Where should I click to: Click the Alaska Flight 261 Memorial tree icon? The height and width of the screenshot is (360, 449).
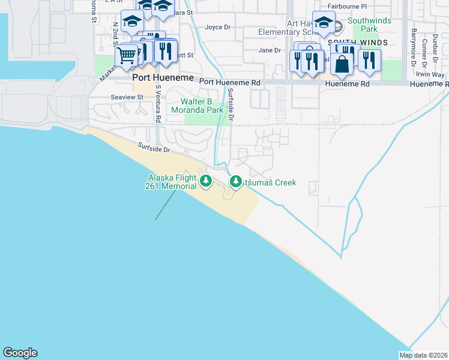point(206,181)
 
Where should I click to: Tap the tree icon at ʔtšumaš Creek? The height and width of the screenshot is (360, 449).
point(236,182)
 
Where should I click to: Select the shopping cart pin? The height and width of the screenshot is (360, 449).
point(126,55)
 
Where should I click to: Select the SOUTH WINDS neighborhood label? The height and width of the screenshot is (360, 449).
point(358,42)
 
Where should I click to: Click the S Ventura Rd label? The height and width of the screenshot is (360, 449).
point(158,103)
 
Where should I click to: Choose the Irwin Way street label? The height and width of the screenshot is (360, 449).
point(430,75)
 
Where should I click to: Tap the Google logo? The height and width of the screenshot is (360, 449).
point(20,353)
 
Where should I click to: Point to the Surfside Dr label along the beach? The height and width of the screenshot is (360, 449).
point(154,148)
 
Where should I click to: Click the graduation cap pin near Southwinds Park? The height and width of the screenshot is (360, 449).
point(324,22)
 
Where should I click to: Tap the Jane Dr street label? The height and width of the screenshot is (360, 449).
point(269,50)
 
